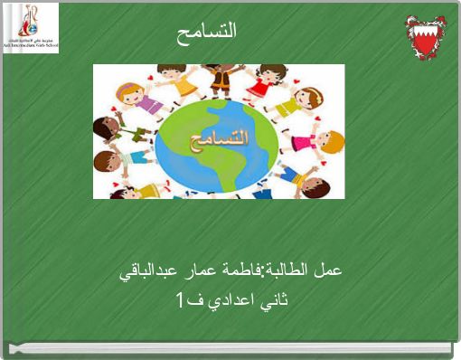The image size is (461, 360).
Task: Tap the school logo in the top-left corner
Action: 31,28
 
